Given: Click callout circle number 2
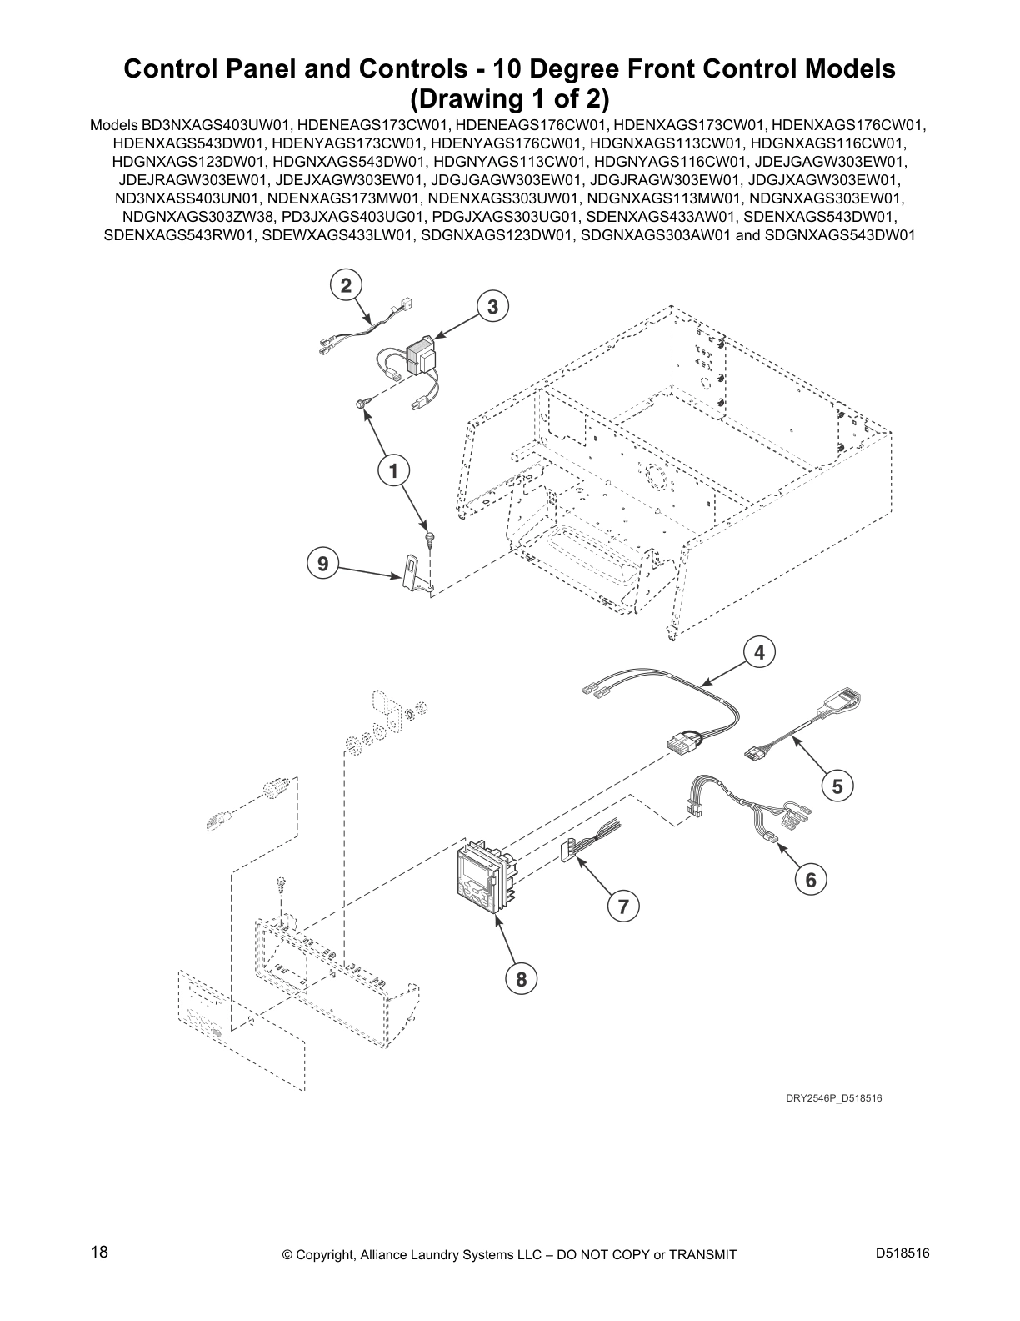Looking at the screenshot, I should pyautogui.click(x=346, y=286).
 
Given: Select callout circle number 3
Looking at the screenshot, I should pyautogui.click(x=492, y=307).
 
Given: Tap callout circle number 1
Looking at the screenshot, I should pyautogui.click(x=392, y=471).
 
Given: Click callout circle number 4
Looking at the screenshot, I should pyautogui.click(x=759, y=653).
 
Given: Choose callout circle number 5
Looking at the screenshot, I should pyautogui.click(x=837, y=786).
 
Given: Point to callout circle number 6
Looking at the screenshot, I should pyautogui.click(x=810, y=879).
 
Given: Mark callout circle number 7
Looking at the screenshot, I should pyautogui.click(x=622, y=906).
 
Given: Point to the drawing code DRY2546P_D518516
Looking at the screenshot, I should pyautogui.click(x=833, y=1098).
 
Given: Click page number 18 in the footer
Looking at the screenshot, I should pyautogui.click(x=99, y=1252).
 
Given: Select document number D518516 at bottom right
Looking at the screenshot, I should pyautogui.click(x=902, y=1252).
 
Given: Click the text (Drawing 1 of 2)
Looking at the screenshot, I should pyautogui.click(x=509, y=99).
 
